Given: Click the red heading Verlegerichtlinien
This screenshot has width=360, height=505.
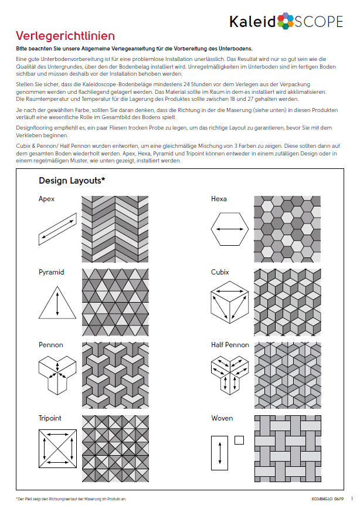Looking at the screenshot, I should [x=65, y=36].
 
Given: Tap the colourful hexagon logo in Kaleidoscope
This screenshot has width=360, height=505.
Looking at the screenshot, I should [x=286, y=21].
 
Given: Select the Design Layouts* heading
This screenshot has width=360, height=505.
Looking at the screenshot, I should [x=72, y=180].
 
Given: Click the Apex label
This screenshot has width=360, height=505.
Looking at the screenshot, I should [x=47, y=199].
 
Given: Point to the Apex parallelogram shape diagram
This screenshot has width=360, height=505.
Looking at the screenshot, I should [x=57, y=228].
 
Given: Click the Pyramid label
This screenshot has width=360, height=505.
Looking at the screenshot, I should [x=52, y=272].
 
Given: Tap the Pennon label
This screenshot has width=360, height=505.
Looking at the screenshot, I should [x=51, y=345].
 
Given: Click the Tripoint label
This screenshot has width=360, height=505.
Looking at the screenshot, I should [x=50, y=418].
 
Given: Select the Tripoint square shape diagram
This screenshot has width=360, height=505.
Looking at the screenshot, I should [x=57, y=449].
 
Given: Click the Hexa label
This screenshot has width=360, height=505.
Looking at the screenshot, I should [x=219, y=199].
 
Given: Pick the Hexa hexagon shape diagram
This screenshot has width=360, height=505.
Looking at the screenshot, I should [x=229, y=229].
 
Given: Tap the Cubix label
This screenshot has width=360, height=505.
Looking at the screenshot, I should [x=220, y=272].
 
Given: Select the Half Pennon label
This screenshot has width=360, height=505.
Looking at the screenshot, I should [x=230, y=345].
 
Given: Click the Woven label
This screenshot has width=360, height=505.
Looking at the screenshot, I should [x=222, y=418].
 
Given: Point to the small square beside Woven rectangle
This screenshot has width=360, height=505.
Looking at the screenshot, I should [x=239, y=439].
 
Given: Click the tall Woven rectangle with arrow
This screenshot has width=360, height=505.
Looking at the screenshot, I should [x=220, y=453].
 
